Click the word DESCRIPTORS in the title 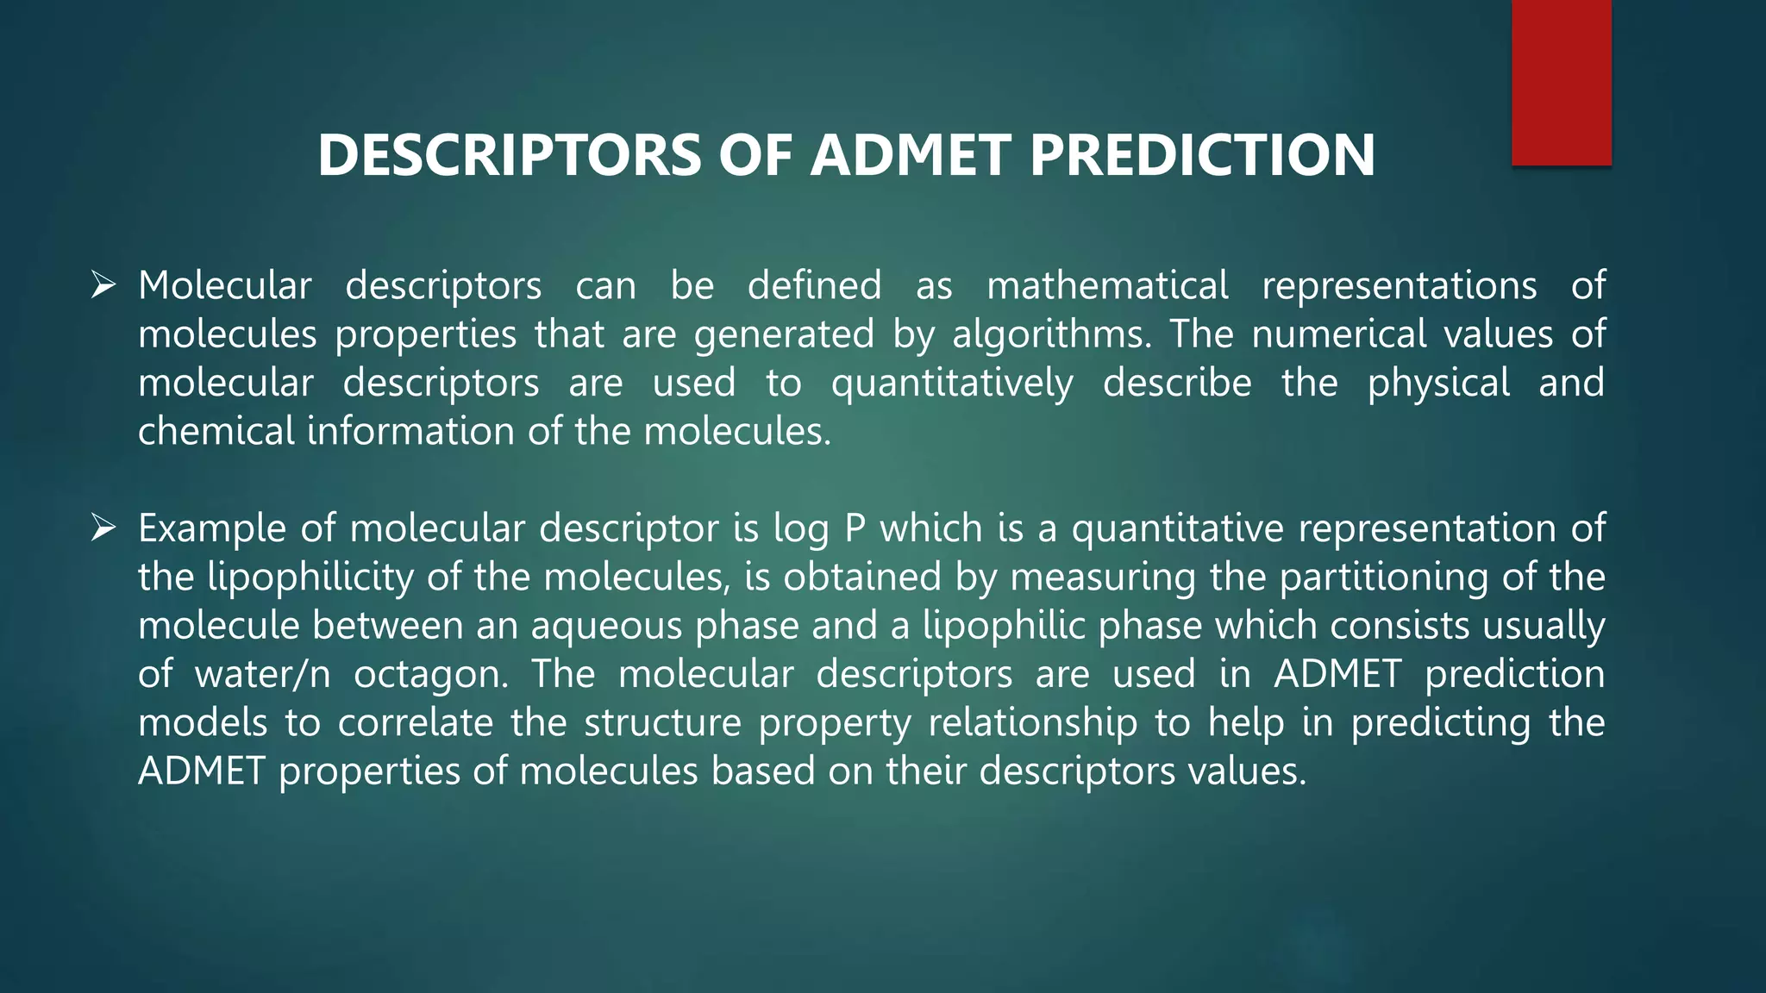(509, 155)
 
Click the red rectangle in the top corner (1561, 82)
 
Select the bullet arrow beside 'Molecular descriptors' (103, 284)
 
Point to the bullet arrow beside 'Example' (103, 528)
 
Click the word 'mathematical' (1107, 285)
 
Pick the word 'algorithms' (1051, 334)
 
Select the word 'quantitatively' (952, 383)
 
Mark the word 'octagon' (429, 674)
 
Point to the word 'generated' (784, 334)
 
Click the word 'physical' (1438, 383)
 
